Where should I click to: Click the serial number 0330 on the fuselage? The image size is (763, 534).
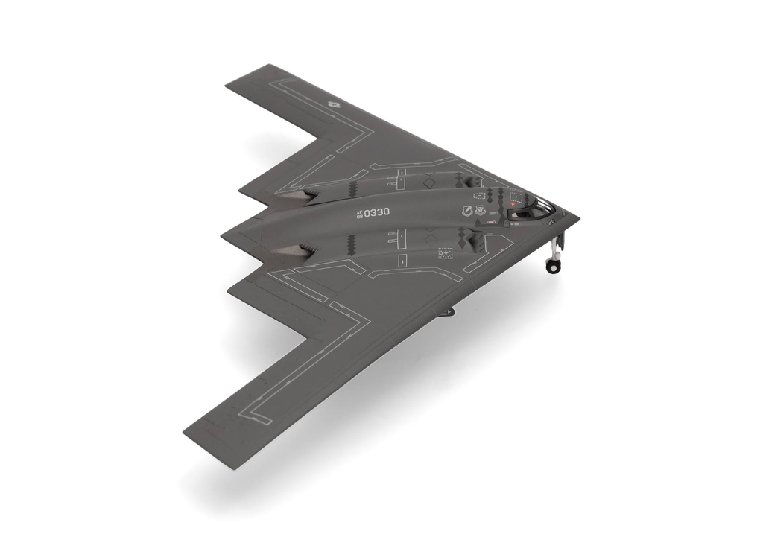click(376, 212)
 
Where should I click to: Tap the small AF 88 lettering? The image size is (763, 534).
click(359, 214)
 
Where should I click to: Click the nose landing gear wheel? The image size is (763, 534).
click(552, 266)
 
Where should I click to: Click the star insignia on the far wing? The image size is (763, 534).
click(333, 105)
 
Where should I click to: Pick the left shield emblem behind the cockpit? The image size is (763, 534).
click(467, 212)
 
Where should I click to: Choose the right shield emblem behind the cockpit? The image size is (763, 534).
click(480, 211)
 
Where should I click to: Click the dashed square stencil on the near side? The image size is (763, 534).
click(446, 253)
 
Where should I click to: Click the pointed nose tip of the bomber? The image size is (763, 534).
click(578, 217)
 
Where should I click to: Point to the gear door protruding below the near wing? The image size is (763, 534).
click(446, 311)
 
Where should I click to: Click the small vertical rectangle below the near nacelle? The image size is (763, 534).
click(402, 261)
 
